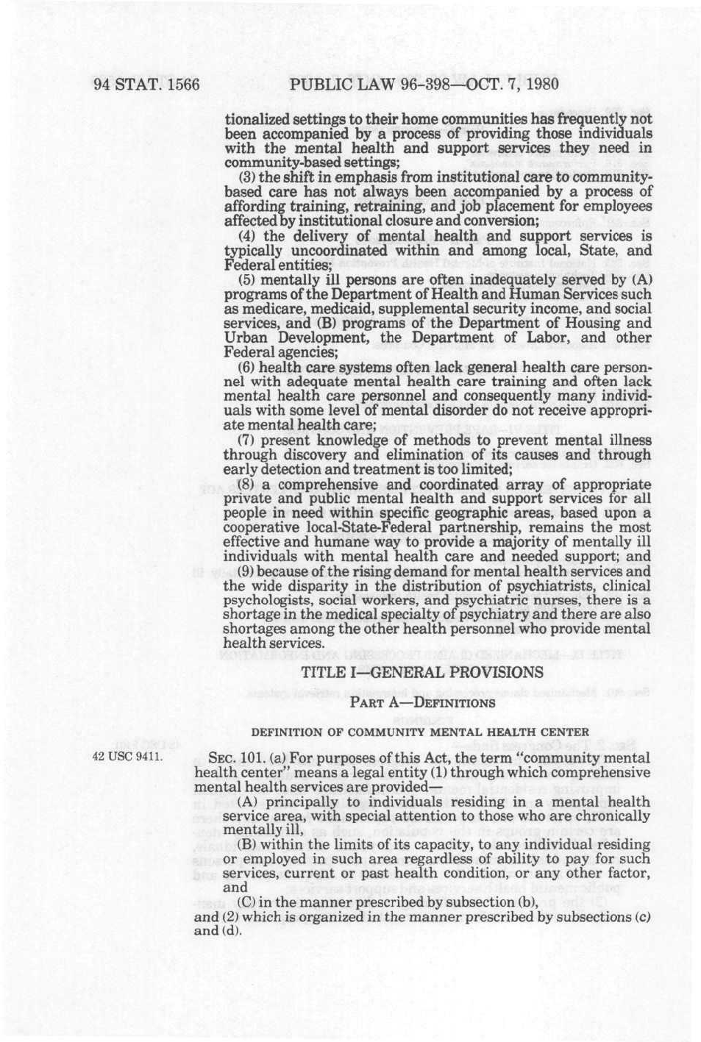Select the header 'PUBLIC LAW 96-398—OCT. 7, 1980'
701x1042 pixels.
tap(424, 84)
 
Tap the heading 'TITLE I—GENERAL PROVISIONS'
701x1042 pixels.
tap(422, 672)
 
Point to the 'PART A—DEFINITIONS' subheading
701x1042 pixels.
tap(422, 703)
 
